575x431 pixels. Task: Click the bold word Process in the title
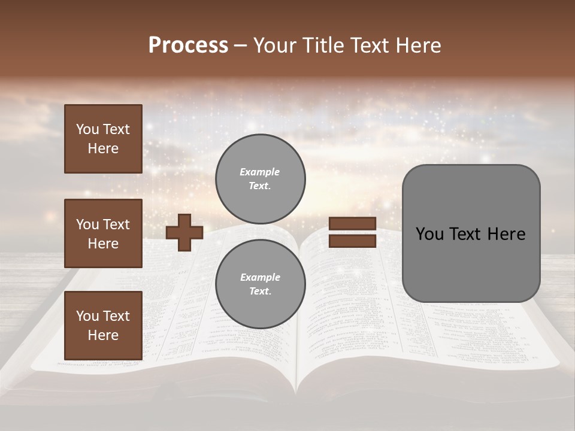tap(188, 45)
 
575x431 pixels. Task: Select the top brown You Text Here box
tap(103, 139)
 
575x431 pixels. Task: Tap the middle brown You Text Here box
tap(103, 233)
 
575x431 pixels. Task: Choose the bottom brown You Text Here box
tap(103, 326)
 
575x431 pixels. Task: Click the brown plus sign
tap(184, 232)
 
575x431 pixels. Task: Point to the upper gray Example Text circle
tap(260, 179)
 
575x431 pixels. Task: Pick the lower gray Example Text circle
tap(260, 284)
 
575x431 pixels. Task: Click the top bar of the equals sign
tap(352, 223)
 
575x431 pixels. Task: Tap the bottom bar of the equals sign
tap(352, 241)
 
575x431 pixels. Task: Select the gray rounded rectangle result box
tap(471, 233)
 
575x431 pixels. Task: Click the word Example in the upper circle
tap(260, 172)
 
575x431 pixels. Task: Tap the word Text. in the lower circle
tap(260, 292)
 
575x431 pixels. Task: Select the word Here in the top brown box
tap(103, 148)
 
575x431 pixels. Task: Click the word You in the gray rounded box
tap(429, 234)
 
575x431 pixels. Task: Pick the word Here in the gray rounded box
tap(506, 234)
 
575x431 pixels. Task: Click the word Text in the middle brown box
tap(116, 224)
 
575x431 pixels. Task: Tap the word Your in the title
tap(276, 45)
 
